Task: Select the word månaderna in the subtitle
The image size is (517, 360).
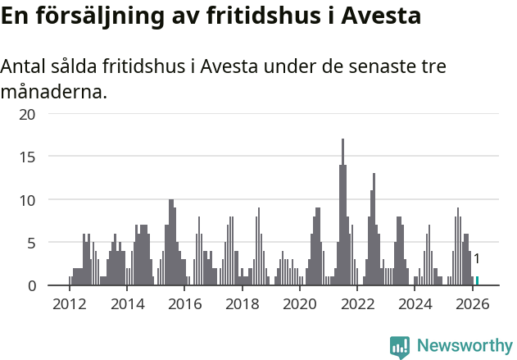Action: point(53,91)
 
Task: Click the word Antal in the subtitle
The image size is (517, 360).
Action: point(25,66)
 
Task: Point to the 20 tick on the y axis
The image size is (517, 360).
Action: point(28,114)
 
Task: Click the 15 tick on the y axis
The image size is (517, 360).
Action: point(28,157)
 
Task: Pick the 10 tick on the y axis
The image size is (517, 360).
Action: point(28,199)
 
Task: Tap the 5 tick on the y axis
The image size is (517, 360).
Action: point(32,243)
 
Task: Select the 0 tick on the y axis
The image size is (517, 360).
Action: point(32,285)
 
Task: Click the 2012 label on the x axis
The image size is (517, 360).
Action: point(69,304)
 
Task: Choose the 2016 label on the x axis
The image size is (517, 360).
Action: point(184,304)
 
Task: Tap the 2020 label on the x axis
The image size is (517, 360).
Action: point(300,304)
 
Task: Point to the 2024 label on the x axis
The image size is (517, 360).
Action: point(415,304)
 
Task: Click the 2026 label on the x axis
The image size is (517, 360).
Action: point(473,304)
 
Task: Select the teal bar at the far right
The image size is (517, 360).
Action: point(477,280)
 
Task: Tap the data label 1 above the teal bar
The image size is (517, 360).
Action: point(476,259)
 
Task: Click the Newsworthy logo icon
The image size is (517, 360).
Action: point(400,347)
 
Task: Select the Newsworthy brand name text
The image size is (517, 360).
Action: point(465,346)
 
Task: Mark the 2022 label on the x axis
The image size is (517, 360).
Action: point(357,304)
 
